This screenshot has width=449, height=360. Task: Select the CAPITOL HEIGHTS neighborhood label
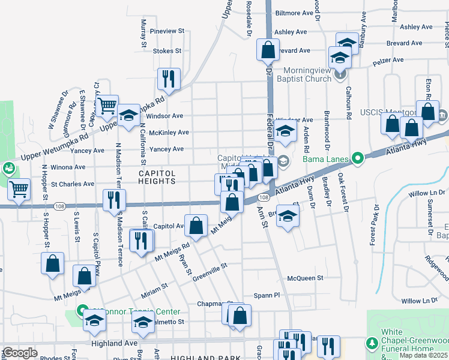[x=157, y=178]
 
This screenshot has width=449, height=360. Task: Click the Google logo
[x=20, y=353]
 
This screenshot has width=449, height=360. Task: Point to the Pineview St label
[x=167, y=31]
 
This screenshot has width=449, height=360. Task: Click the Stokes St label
[x=167, y=51]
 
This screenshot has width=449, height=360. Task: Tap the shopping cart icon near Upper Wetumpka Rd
[x=107, y=106]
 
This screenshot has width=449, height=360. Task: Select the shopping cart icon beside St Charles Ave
[x=19, y=190]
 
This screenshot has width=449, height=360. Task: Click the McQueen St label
[x=305, y=278]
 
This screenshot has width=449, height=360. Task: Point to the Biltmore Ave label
[x=295, y=13]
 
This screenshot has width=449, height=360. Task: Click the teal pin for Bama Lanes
[x=358, y=159]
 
